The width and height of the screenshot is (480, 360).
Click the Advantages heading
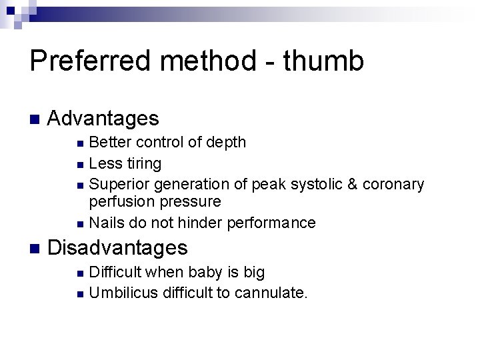(x=104, y=119)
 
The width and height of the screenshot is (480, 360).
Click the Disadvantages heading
(x=119, y=248)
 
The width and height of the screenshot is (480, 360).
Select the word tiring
(x=141, y=163)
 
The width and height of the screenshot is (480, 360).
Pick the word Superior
(x=118, y=183)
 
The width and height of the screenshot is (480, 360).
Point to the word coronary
(x=393, y=183)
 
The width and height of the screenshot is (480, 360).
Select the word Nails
(x=106, y=222)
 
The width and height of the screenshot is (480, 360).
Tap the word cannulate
(x=273, y=292)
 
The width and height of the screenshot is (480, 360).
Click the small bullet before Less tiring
(x=80, y=164)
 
